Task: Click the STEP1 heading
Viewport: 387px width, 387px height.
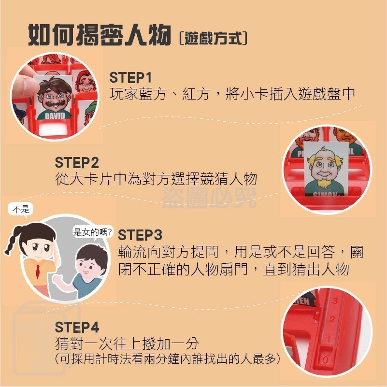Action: point(130,77)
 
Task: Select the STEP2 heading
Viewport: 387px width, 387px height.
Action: point(77,163)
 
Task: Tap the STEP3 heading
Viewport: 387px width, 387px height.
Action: point(140,235)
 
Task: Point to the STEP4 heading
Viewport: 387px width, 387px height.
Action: point(77,327)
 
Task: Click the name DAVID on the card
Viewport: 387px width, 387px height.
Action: point(55,115)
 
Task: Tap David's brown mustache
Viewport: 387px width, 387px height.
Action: point(54,103)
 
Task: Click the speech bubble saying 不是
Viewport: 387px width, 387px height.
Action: point(21,210)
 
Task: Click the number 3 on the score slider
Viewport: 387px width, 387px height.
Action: point(335,301)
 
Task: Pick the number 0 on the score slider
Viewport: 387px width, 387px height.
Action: point(325,360)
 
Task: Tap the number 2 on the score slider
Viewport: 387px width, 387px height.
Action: point(332,319)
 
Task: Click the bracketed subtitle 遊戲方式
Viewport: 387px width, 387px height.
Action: point(213,39)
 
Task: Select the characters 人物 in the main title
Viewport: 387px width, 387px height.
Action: point(147,35)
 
